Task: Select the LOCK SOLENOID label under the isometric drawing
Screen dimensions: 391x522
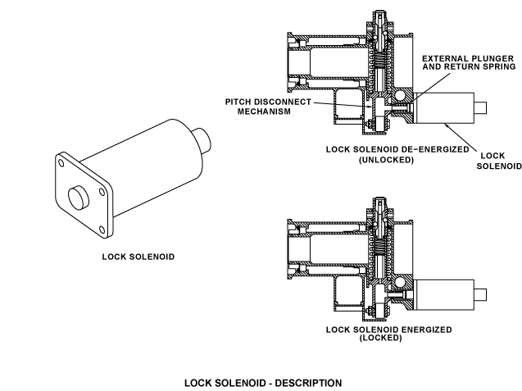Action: (x=138, y=256)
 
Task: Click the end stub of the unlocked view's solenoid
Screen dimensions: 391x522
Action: (x=483, y=107)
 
